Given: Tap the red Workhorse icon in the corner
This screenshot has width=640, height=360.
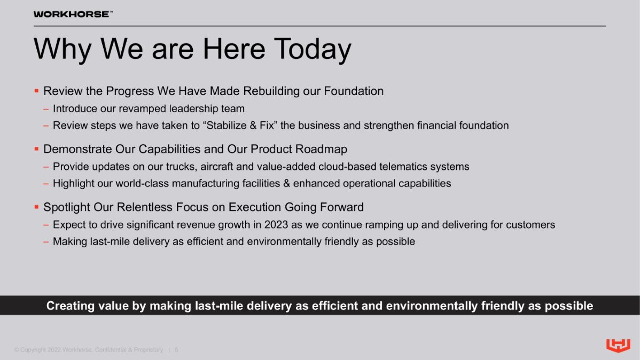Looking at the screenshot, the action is [618, 345].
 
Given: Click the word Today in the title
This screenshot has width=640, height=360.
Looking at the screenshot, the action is [312, 50].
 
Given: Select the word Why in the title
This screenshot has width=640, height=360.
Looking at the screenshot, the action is [63, 50].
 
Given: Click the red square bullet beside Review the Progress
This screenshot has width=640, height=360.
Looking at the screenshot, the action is [36, 91].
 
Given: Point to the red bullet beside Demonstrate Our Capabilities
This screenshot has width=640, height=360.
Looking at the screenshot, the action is [36, 149].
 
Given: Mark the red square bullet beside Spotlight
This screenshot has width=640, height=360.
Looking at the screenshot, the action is [36, 207].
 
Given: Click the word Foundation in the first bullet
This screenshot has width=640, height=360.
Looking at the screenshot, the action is [354, 91].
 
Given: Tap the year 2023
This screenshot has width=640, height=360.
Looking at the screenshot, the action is [276, 225].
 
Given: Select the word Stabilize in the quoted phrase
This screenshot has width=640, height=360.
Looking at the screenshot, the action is [226, 126].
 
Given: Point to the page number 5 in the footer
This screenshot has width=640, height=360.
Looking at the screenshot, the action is [176, 350].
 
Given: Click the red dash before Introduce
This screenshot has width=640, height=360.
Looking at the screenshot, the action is [46, 109].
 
